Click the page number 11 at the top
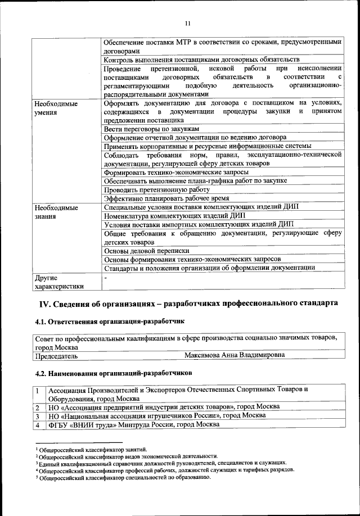(x=187, y=23)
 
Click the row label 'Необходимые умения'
(x=56, y=108)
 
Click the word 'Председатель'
(x=57, y=355)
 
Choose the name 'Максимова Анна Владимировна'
(x=234, y=355)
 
